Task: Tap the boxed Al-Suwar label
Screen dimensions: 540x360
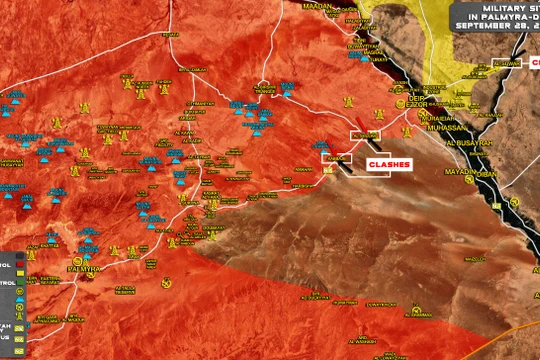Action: pos(507,62)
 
